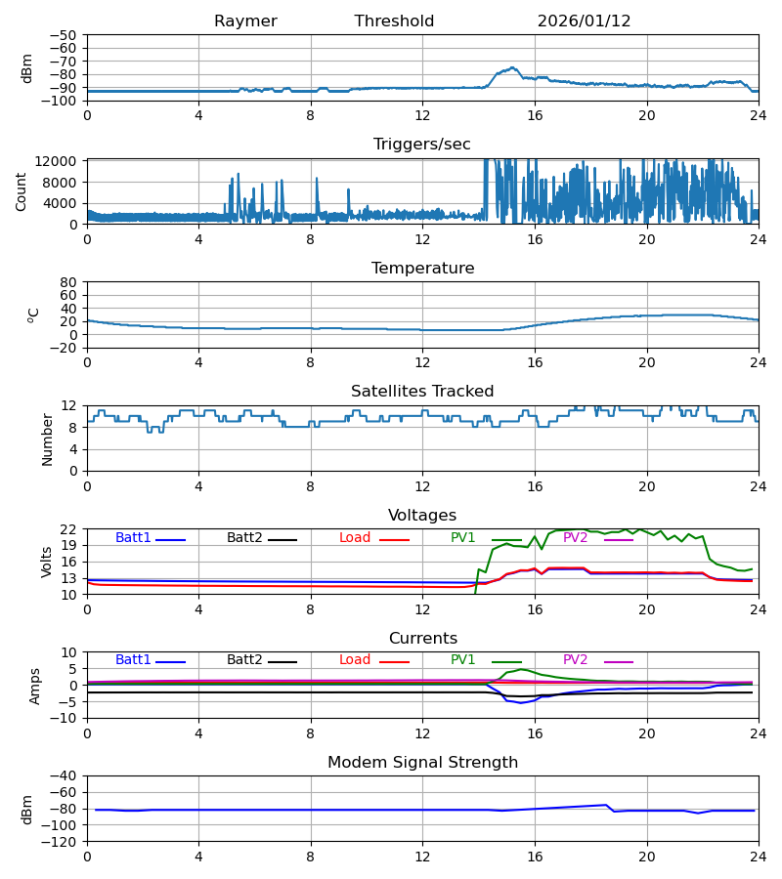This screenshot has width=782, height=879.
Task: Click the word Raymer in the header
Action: click(x=245, y=21)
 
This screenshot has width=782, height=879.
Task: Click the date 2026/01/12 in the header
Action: click(x=584, y=21)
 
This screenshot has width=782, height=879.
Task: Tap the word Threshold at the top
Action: click(x=394, y=21)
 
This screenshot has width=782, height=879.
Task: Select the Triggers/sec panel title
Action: click(x=421, y=145)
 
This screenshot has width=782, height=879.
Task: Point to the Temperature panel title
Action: click(x=422, y=269)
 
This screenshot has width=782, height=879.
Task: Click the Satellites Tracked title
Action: click(x=422, y=392)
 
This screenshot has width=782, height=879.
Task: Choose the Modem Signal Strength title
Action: click(x=422, y=763)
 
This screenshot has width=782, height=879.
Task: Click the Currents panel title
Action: click(x=422, y=639)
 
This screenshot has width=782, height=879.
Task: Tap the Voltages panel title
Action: click(x=422, y=516)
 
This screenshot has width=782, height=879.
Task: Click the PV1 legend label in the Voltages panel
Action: click(x=463, y=538)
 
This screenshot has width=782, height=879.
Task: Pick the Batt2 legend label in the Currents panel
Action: click(x=244, y=660)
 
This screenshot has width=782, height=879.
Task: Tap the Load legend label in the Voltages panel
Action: click(x=355, y=538)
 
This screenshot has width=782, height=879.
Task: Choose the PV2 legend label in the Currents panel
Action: click(x=575, y=660)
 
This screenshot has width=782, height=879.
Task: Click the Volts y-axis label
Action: click(x=47, y=562)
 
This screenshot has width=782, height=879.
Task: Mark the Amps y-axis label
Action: click(x=36, y=686)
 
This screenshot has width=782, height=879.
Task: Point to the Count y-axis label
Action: click(x=22, y=191)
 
